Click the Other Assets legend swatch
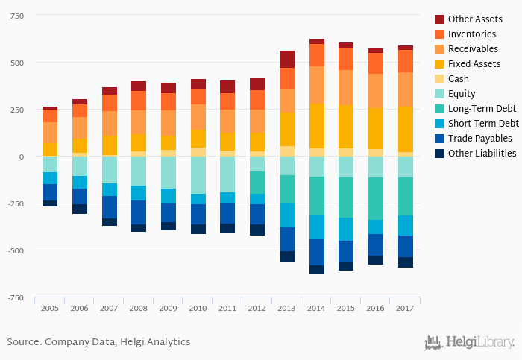[x=439, y=19]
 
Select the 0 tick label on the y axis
[x=22, y=157]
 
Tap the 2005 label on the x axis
[x=49, y=307]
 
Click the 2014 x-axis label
[x=317, y=307]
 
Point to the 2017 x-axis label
[x=406, y=307]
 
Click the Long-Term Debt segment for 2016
[x=376, y=198]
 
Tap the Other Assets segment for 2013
[x=287, y=59]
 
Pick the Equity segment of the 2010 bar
[x=198, y=175]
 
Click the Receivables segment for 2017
[x=406, y=89]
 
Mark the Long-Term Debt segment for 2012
[x=257, y=183]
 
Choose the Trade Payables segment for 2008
[x=139, y=212]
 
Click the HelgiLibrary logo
[x=469, y=342]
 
